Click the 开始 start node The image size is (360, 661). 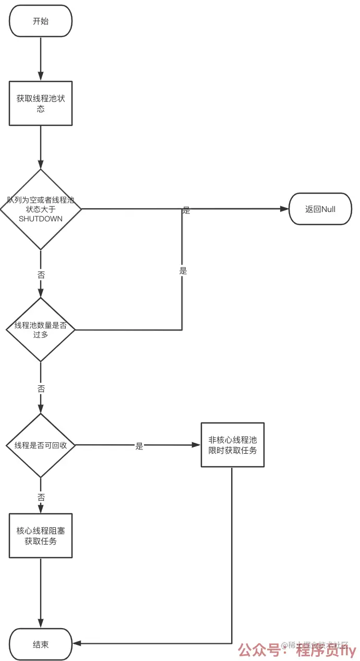click(41, 21)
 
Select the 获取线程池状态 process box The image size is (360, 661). click(41, 103)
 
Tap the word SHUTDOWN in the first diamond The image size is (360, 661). click(41, 219)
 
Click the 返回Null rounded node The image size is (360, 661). click(320, 209)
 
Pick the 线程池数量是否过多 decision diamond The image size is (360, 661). click(41, 329)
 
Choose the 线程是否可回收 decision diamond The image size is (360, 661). click(41, 445)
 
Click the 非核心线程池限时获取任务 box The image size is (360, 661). click(233, 445)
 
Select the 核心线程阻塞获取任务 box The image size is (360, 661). click(41, 536)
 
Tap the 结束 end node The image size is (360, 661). click(41, 644)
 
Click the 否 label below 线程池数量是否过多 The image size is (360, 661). click(41, 389)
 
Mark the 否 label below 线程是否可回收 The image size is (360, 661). click(41, 497)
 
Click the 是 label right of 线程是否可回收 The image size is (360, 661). click(139, 446)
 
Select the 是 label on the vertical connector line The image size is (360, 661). click(183, 270)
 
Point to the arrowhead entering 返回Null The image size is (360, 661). click(284, 209)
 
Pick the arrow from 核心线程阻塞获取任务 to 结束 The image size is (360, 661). click(41, 593)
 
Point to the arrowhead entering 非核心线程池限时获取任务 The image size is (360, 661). click(196, 445)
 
